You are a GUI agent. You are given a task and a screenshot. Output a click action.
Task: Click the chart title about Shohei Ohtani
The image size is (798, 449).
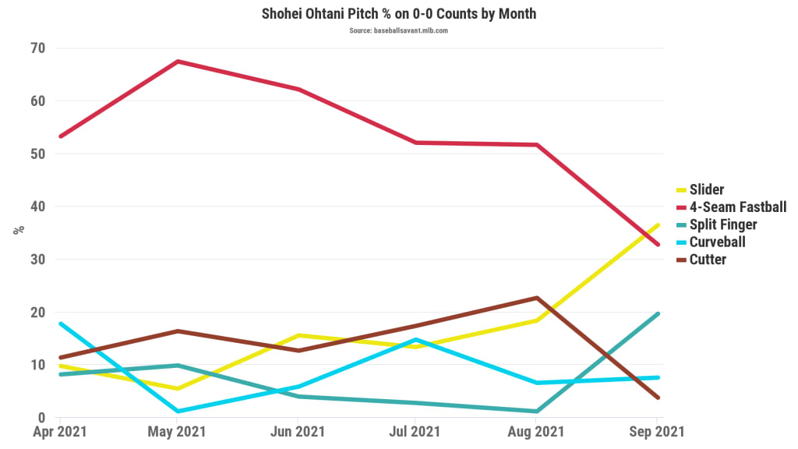(x=398, y=14)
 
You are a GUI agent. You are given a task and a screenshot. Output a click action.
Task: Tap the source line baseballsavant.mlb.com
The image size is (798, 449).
(x=398, y=30)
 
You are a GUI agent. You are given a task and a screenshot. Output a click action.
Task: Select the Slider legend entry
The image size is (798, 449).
(x=706, y=189)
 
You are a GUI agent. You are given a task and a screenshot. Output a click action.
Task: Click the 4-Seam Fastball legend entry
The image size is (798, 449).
(x=737, y=207)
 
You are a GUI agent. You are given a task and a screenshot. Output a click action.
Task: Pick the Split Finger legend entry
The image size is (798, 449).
(x=722, y=224)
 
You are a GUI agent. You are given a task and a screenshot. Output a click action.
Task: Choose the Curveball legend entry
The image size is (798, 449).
(x=717, y=242)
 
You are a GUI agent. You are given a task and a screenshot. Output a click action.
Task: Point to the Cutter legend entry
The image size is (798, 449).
(x=708, y=259)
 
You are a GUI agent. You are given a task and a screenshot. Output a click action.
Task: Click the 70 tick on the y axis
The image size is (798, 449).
(x=38, y=48)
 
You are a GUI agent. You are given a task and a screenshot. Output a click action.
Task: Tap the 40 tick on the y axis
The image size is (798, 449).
(x=38, y=207)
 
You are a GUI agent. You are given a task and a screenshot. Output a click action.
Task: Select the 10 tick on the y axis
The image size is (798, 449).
(x=38, y=365)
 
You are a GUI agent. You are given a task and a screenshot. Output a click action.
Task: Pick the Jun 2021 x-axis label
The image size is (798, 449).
(x=297, y=431)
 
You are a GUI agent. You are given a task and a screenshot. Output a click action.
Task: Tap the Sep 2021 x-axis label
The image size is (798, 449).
(x=656, y=431)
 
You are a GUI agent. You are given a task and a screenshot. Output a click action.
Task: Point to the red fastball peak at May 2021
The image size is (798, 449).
(x=178, y=61)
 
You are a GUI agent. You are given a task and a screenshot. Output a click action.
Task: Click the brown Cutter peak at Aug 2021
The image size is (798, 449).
(x=536, y=298)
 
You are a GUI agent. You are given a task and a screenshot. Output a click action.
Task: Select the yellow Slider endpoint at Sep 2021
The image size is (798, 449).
(x=659, y=225)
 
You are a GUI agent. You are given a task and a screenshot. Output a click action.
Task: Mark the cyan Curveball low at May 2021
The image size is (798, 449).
(x=178, y=411)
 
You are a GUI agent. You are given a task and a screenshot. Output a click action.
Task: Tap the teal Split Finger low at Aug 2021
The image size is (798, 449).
(x=536, y=411)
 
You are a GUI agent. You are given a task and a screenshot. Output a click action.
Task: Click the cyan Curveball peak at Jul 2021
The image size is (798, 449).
(x=417, y=339)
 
